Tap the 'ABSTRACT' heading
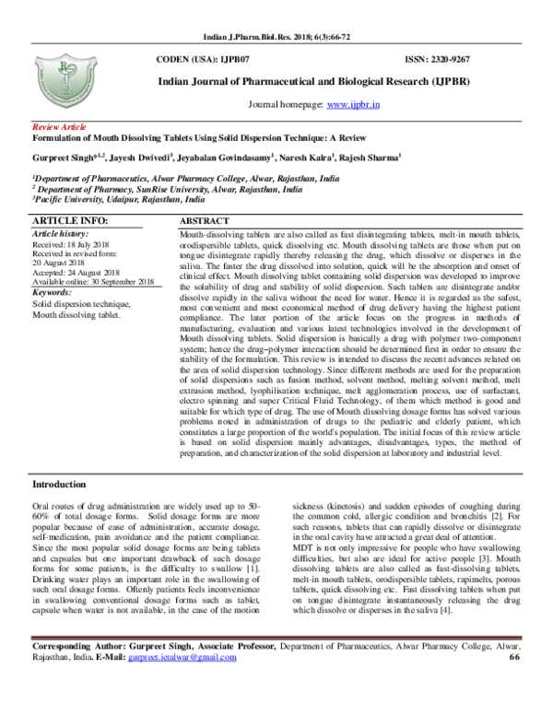coord(204,223)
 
